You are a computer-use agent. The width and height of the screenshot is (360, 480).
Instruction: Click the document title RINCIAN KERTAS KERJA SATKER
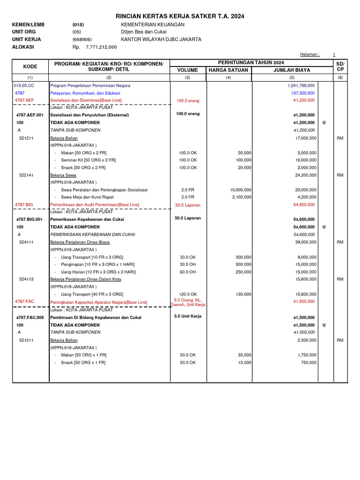(180, 16)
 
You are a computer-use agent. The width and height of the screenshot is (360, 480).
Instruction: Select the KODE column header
(30, 67)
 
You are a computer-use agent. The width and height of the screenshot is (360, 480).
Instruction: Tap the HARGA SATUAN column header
(228, 70)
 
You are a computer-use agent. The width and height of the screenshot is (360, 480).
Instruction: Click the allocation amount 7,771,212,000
(101, 47)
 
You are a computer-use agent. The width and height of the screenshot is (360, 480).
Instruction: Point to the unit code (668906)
(82, 40)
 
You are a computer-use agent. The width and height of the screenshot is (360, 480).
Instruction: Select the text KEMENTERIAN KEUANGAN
(152, 24)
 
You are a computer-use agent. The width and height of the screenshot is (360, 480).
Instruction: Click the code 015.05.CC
(24, 86)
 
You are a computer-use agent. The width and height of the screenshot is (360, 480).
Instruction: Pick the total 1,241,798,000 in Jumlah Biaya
(301, 86)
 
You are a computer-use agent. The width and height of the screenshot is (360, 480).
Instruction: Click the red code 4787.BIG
(24, 205)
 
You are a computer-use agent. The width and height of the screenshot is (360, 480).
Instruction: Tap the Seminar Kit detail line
(89, 160)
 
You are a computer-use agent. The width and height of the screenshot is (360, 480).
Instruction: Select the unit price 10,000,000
(240, 190)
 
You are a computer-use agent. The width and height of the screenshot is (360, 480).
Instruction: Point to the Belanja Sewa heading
(64, 175)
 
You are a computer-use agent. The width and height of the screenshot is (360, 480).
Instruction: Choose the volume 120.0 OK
(188, 294)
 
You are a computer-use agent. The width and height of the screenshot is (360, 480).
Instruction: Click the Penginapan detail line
(98, 264)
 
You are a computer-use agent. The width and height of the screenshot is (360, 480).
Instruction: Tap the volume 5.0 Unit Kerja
(187, 316)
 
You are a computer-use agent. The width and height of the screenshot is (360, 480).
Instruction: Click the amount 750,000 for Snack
(307, 363)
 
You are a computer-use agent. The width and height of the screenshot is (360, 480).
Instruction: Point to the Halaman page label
(309, 55)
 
